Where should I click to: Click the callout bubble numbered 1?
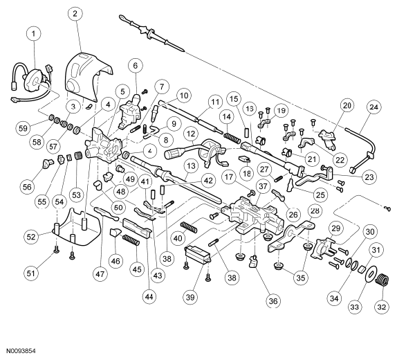tap(34, 33)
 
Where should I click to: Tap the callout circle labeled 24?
tap(373, 107)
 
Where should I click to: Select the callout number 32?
tap(382, 307)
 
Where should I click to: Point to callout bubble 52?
tap(31, 237)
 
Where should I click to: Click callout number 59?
tap(23, 128)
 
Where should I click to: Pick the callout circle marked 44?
tap(149, 296)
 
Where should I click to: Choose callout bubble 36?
tap(273, 301)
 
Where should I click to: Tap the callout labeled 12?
tap(191, 134)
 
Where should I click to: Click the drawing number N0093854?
tap(21, 351)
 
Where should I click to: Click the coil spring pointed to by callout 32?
tap(382, 280)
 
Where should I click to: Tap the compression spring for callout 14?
tap(232, 138)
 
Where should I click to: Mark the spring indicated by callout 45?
tap(131, 240)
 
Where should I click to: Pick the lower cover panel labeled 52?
tap(77, 226)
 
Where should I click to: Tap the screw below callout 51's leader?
tap(56, 251)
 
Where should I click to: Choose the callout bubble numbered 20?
tap(347, 105)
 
